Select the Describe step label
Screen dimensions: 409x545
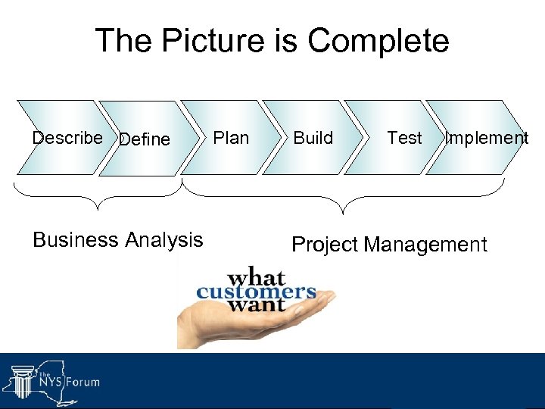pyautogui.click(x=67, y=138)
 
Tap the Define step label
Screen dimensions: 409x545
pyautogui.click(x=145, y=139)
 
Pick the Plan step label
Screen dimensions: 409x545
pyautogui.click(x=231, y=138)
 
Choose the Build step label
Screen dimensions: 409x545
pyautogui.click(x=313, y=138)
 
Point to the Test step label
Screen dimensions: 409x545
pyautogui.click(x=404, y=138)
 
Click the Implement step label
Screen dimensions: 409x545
pyautogui.click(x=486, y=138)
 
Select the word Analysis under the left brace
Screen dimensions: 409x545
pyautogui.click(x=163, y=240)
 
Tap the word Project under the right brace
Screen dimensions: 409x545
pyautogui.click(x=325, y=245)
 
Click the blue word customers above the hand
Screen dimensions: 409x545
pyautogui.click(x=256, y=292)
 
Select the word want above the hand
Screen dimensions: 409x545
pyautogui.click(x=256, y=306)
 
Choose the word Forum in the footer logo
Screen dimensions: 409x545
pyautogui.click(x=83, y=382)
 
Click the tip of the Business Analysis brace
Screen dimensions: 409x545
pyautogui.click(x=96, y=207)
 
